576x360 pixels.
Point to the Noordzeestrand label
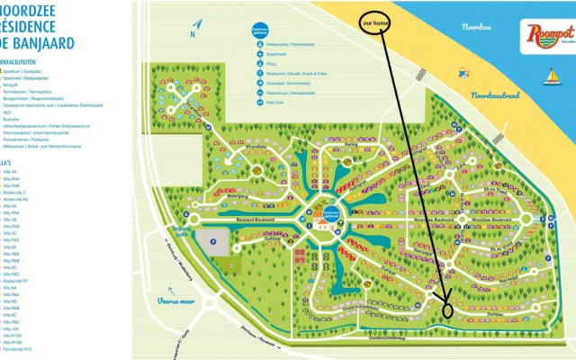(x=496, y=94)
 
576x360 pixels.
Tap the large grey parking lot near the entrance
(x=211, y=242)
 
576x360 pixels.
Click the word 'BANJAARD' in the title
(x=41, y=40)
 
